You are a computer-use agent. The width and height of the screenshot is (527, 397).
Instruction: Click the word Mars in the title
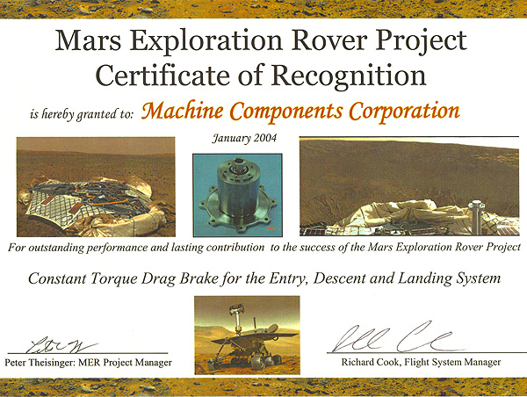tap(88, 40)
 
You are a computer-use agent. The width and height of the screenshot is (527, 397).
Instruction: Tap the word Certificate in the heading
tap(162, 76)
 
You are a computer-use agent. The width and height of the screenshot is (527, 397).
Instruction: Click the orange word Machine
tap(183, 111)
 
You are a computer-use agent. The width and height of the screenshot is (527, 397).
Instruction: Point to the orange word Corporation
tap(404, 112)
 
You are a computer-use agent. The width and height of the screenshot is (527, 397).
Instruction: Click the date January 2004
tap(244, 138)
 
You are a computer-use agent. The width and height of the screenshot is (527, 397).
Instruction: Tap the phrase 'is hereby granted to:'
tap(82, 115)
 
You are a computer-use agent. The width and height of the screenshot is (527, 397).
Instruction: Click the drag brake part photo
tap(237, 195)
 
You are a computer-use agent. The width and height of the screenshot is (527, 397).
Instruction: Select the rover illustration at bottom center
tap(247, 336)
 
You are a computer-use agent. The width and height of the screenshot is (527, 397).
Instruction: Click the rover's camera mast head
tap(236, 308)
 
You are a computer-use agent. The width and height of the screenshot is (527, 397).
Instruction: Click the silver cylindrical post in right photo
tap(475, 217)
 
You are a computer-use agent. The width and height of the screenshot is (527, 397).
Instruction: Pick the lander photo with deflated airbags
tap(96, 187)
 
